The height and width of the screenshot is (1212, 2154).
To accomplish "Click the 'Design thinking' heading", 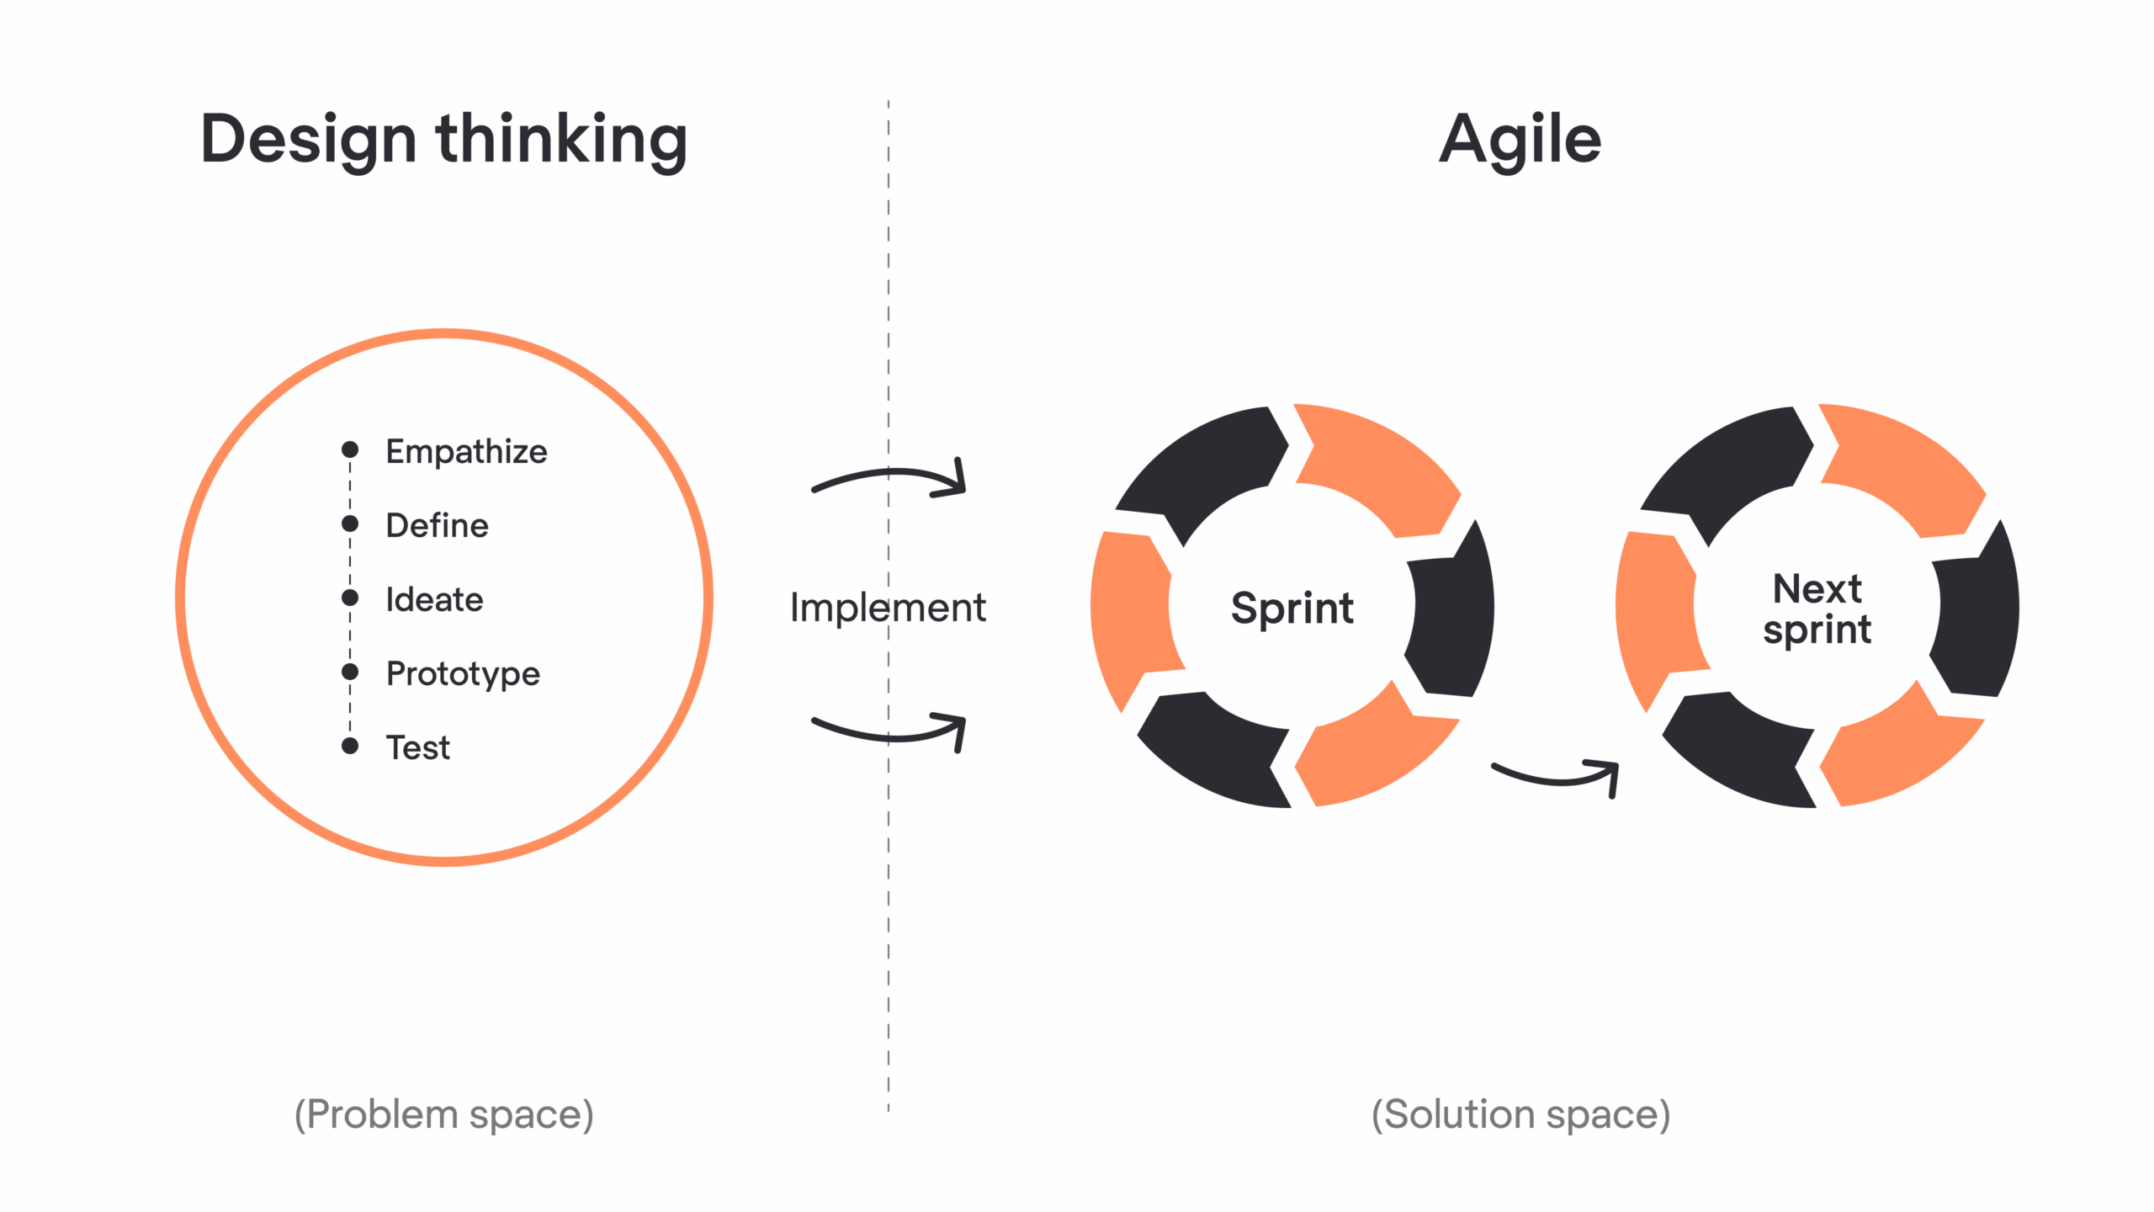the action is coord(444,141).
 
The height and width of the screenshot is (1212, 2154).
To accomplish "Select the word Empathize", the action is coord(466,452).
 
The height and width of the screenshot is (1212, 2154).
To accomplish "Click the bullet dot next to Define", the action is coord(350,524).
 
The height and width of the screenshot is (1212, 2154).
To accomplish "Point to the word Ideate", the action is coord(434,599).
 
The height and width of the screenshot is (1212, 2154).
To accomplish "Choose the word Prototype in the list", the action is coord(463,674).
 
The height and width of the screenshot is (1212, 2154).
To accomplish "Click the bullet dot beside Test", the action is coord(350,746).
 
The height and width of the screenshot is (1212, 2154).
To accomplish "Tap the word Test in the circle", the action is coord(418,747).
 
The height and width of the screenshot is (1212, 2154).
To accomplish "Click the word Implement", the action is coord(888,608).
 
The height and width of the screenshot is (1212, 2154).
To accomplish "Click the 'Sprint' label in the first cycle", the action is coord(1292,609).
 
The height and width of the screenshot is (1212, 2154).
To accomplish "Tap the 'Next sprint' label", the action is coord(1817,609).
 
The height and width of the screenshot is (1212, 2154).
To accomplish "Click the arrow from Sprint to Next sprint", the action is coord(1557,781).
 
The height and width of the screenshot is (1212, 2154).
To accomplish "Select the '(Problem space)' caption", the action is coord(443,1114).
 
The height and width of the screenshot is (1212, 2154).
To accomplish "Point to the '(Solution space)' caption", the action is coord(1520,1114).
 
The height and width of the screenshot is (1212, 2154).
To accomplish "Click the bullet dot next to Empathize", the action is coord(350,449).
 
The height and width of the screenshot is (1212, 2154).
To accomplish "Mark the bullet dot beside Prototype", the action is coord(350,672).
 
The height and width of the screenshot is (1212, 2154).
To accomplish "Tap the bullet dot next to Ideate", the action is coord(350,598).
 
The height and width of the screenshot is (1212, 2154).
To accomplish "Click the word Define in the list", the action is coord(437,525).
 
